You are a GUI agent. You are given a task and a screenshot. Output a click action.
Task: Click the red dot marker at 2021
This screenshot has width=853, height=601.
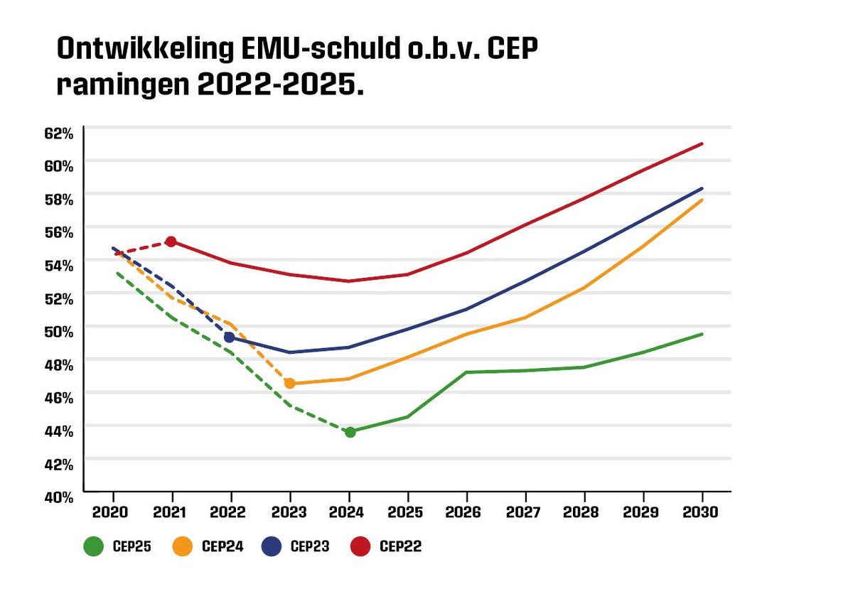171,242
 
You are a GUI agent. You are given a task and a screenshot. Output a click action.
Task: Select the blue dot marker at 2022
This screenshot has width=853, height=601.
230,337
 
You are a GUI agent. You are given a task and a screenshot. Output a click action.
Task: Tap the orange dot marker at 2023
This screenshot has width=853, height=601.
289,384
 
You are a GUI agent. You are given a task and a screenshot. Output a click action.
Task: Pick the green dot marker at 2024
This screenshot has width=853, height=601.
350,432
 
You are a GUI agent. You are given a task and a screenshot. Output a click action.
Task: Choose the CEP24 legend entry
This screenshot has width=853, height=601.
207,546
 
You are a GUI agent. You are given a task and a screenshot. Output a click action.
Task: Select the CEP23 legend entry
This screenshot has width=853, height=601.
295,546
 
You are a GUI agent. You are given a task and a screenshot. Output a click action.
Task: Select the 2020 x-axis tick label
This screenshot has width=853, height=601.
114,511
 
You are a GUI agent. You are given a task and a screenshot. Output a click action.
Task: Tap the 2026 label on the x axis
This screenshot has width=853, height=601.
466,511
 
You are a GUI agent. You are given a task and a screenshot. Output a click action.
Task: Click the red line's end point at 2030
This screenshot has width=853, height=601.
702,144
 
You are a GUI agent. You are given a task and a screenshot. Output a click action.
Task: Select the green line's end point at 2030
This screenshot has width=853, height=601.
702,334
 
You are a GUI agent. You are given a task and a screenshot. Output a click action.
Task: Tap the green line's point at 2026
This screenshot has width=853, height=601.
466,372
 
